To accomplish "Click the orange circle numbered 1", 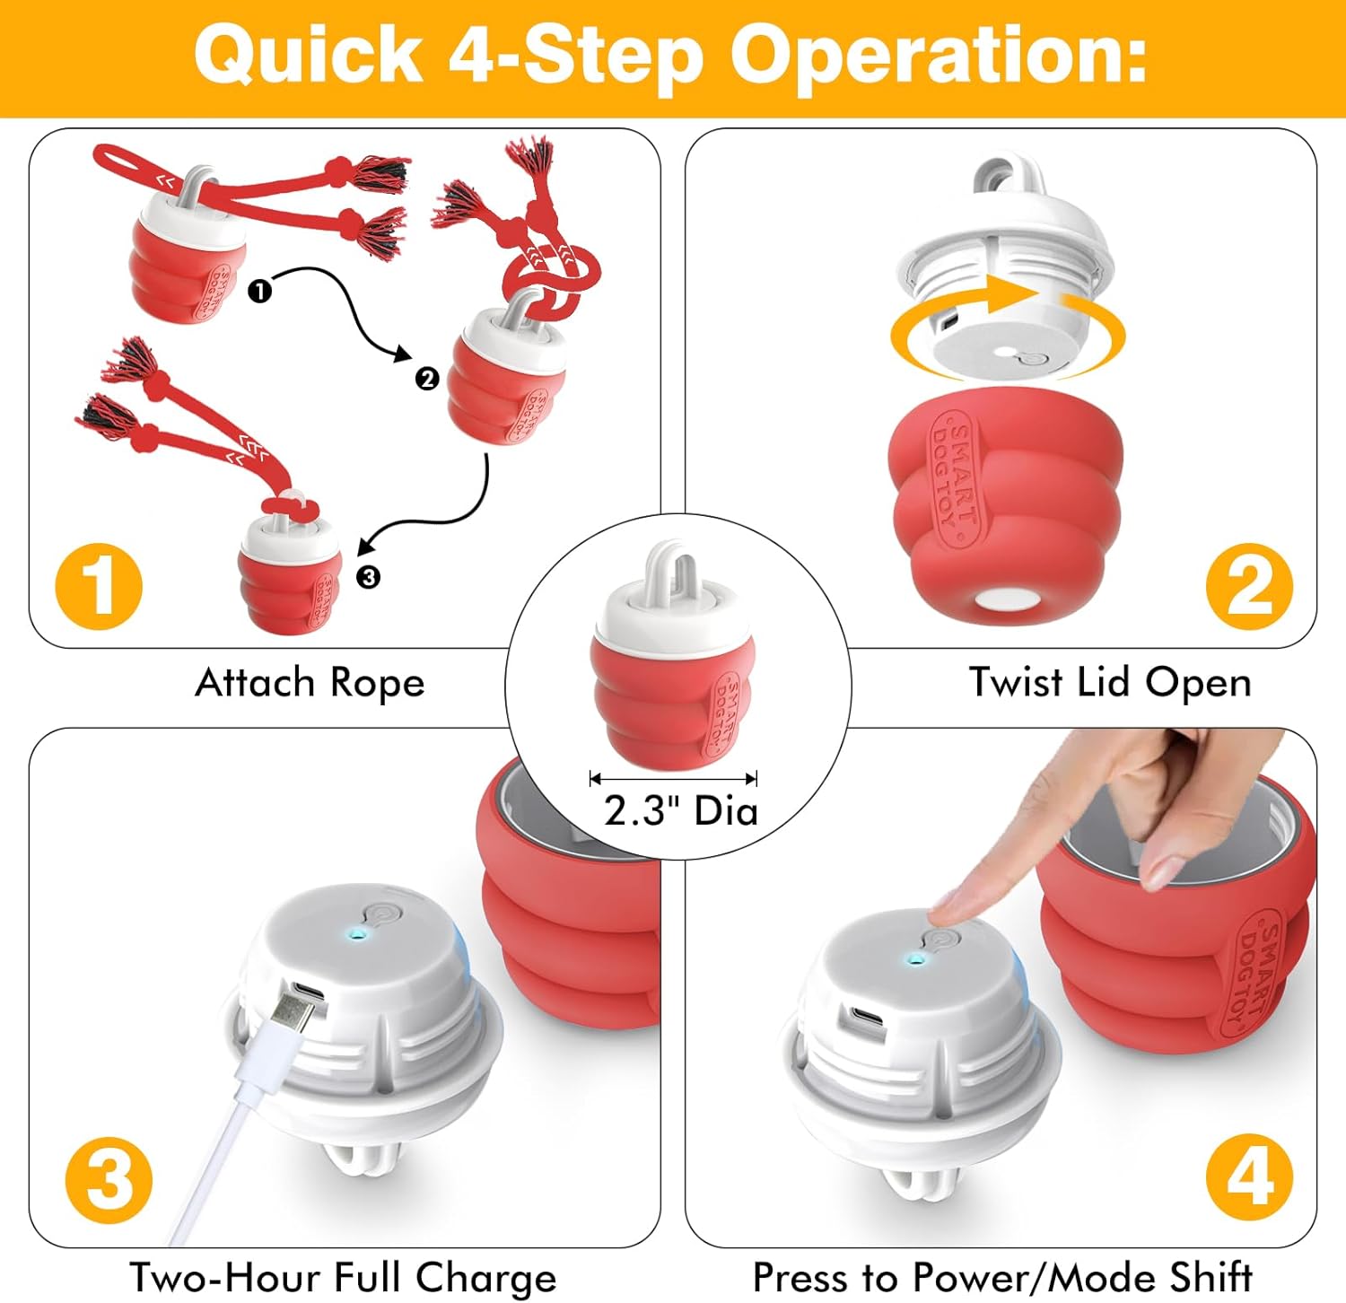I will [99, 587].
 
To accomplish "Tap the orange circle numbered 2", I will [1248, 587].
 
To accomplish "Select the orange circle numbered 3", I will [109, 1179].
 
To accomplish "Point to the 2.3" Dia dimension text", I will [680, 810].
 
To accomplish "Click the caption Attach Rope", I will [310, 683].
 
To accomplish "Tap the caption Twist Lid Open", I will [1109, 683].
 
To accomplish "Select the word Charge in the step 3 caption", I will [485, 1278].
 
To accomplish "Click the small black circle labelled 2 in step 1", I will [426, 379].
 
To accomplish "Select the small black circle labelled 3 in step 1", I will [368, 576].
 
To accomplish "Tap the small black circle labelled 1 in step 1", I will [259, 291].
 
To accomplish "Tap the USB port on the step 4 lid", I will [868, 1019].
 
